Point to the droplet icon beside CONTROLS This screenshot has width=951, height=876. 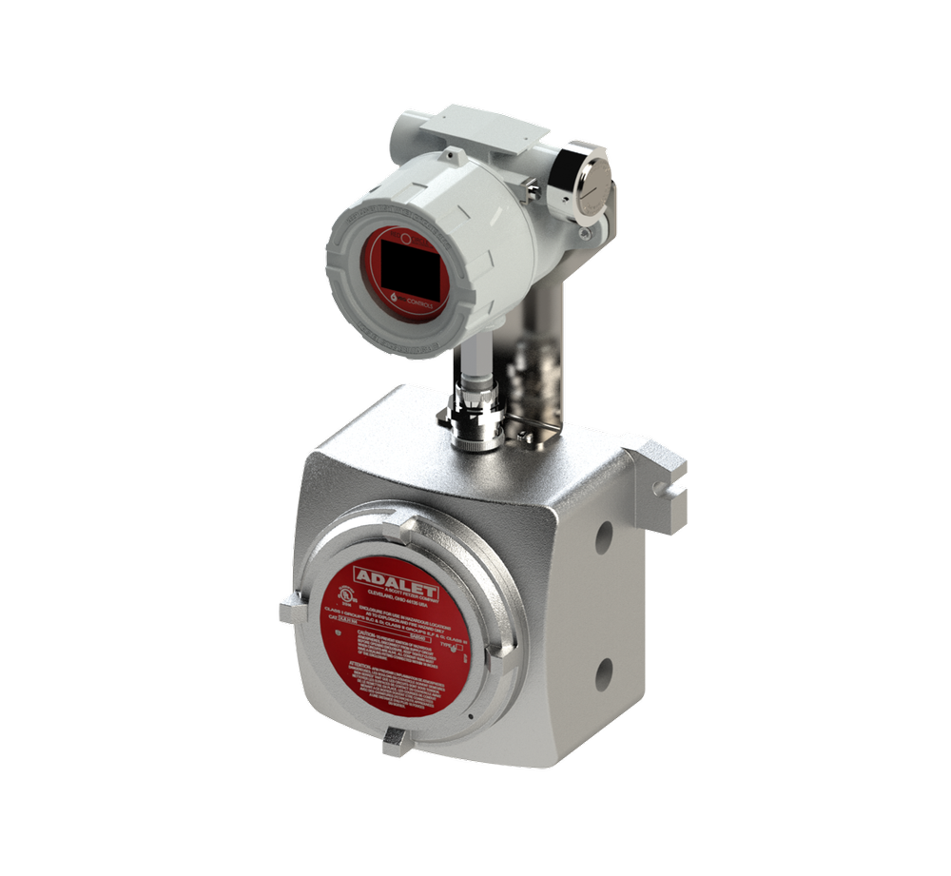pos(396,296)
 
